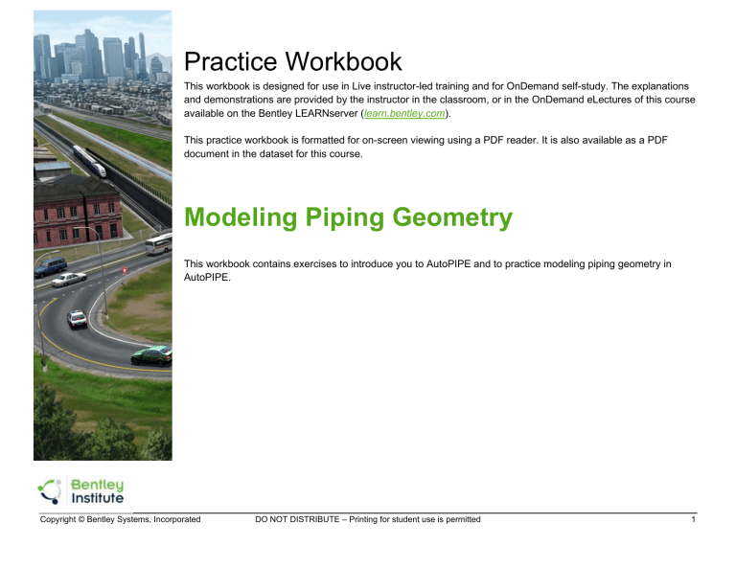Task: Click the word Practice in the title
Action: pyautogui.click(x=231, y=63)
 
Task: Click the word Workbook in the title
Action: pyautogui.click(x=341, y=63)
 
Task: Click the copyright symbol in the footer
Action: pyautogui.click(x=80, y=519)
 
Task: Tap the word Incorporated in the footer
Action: pyautogui.click(x=172, y=519)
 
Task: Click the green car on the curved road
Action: pyautogui.click(x=150, y=354)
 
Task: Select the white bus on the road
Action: pyautogui.click(x=159, y=243)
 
